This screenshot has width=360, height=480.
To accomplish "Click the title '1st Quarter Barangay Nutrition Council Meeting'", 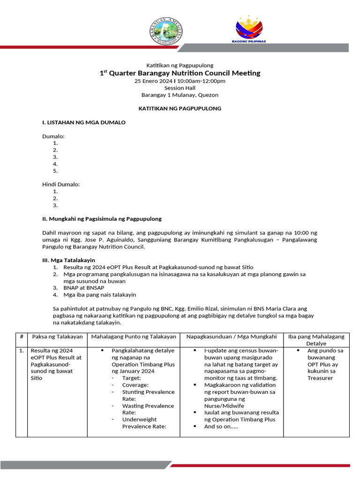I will tap(180, 73).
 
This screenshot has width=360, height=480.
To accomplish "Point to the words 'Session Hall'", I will tap(180, 88).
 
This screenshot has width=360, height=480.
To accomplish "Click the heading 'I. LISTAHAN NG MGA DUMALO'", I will tap(84, 122).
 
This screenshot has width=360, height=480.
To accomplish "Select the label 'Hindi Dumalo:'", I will tap(61, 184).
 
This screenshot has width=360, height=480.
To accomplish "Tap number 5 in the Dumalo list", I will tap(55, 171).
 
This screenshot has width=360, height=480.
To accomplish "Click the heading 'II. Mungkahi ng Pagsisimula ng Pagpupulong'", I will tap(102, 218).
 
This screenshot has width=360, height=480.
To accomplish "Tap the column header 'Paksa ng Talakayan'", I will tap(57, 337).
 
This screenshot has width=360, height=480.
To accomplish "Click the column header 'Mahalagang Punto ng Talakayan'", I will tap(134, 337).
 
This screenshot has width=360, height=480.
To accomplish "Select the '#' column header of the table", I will tap(22, 337).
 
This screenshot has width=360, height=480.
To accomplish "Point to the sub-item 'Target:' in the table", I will tap(131, 378).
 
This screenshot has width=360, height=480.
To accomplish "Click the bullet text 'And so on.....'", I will tap(221, 427).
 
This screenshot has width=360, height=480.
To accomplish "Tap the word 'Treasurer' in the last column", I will tap(320, 378).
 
